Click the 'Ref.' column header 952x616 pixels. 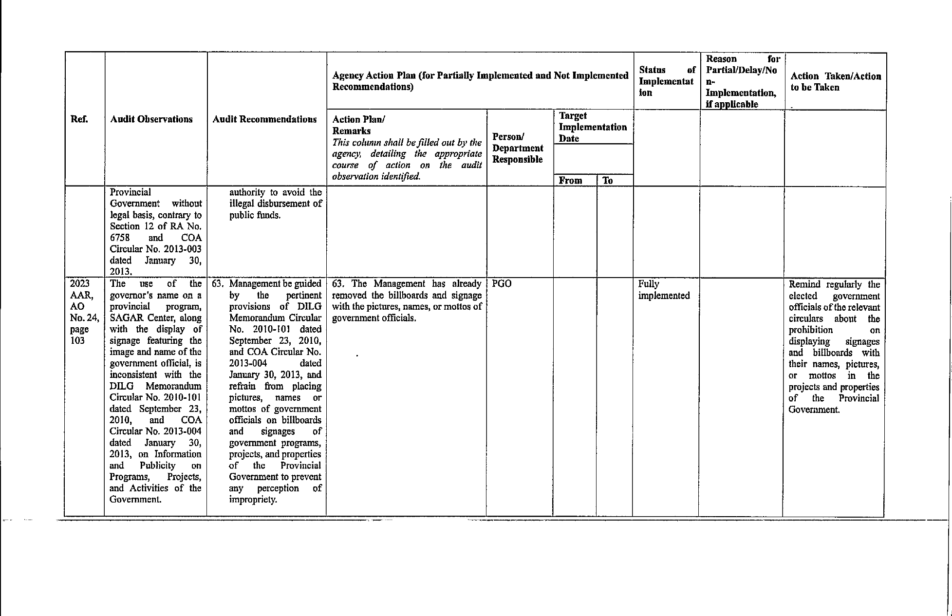(x=79, y=120)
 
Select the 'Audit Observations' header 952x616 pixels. (x=151, y=120)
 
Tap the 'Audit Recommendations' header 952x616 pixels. (x=264, y=120)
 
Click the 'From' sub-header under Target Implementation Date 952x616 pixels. (x=570, y=181)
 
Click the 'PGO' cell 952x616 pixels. (x=502, y=284)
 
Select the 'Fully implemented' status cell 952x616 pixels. (x=663, y=290)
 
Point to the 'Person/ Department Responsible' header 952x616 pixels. (x=517, y=148)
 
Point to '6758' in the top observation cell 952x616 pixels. (x=120, y=238)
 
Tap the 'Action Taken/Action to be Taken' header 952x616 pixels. (x=835, y=82)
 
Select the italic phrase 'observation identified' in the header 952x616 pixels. (x=376, y=177)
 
